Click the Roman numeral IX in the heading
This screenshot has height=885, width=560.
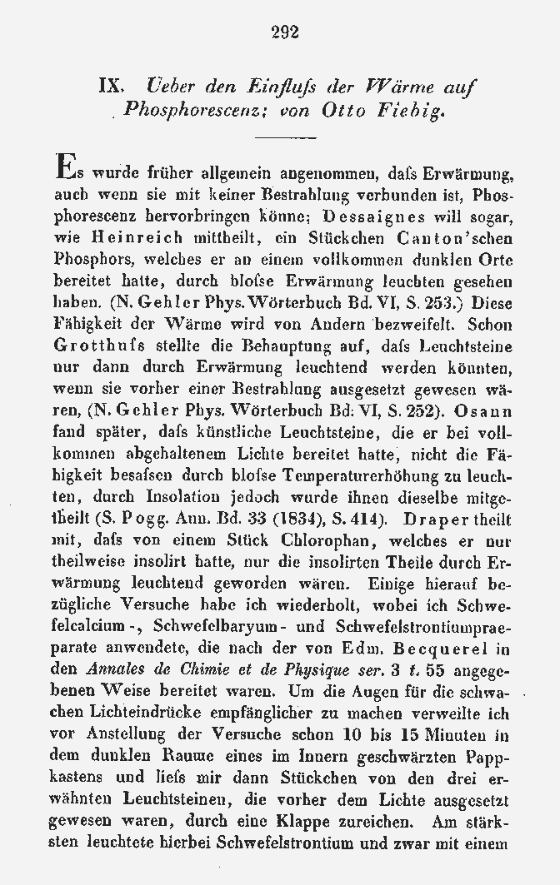(x=112, y=86)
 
